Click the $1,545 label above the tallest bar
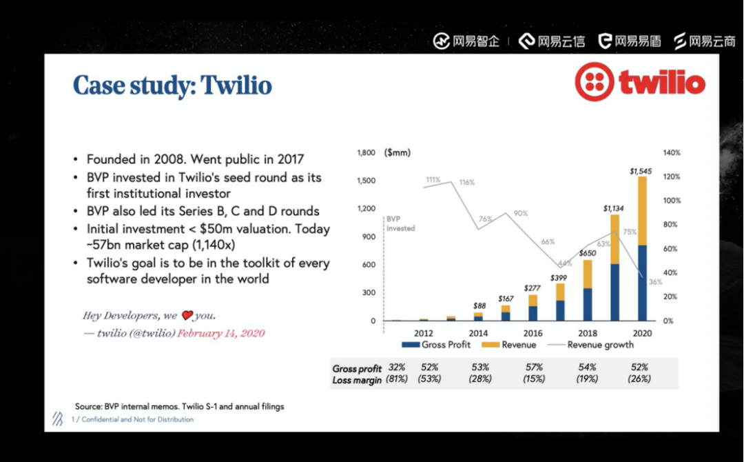point(642,170)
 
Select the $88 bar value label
point(479,305)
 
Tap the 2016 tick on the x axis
point(533,333)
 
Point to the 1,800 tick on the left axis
point(366,152)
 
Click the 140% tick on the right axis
point(671,152)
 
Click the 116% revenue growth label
point(466,183)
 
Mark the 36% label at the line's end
point(655,281)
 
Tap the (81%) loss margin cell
point(397,379)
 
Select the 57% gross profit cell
point(533,368)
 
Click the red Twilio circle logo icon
point(595,83)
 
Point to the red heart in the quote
point(187,316)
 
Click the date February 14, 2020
point(220,333)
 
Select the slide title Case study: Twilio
point(172,86)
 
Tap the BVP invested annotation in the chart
point(400,223)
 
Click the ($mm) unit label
point(397,152)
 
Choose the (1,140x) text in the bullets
point(225,245)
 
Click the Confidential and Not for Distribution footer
point(137,419)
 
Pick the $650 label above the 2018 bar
point(587,253)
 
